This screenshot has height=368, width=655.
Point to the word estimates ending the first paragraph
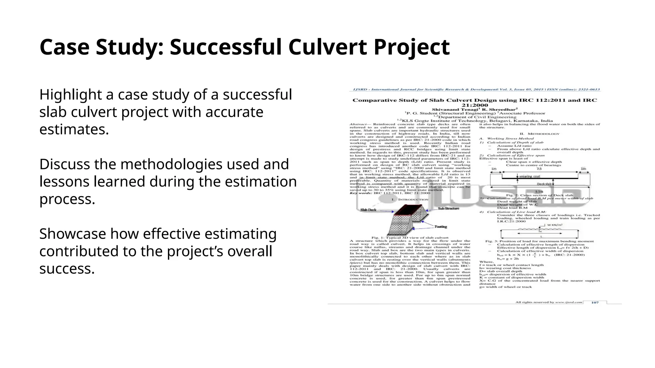coord(74,130)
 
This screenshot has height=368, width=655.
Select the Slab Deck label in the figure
coord(368,210)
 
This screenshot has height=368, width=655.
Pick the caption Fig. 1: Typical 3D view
coord(410,238)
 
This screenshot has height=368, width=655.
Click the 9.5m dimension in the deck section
coord(539,192)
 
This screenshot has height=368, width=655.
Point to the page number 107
coord(595,302)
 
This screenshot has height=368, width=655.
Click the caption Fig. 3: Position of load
coord(539,241)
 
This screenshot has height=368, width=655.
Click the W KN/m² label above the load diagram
coord(555,225)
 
